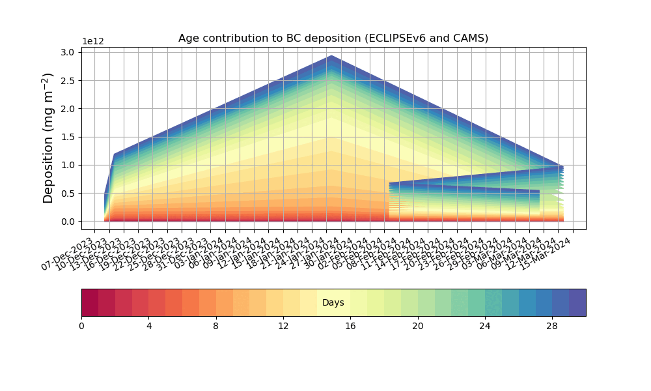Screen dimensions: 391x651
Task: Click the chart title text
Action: point(333,38)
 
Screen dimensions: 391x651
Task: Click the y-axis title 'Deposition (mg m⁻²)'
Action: point(49,138)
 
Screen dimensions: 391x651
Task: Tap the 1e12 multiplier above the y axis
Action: point(93,41)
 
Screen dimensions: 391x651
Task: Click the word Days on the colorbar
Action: point(333,303)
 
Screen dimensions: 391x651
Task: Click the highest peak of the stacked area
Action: point(331,56)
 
